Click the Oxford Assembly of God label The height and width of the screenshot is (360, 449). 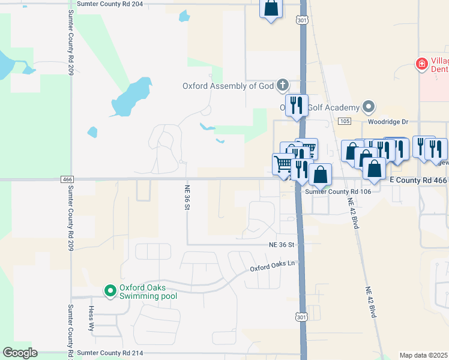click(x=228, y=86)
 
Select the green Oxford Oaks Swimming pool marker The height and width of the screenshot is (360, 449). click(x=110, y=291)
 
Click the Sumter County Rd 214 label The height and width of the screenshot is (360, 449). click(x=110, y=353)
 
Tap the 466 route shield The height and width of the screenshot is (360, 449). click(x=67, y=179)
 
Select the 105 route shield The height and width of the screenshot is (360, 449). click(x=344, y=121)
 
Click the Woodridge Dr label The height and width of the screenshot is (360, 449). click(x=388, y=122)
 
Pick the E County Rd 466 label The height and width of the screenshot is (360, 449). click(x=418, y=180)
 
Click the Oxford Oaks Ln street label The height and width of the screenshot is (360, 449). click(x=273, y=263)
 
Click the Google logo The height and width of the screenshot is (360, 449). click(x=20, y=353)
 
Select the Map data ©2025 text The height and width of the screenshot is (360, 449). click(x=423, y=355)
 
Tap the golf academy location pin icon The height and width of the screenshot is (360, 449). click(x=369, y=108)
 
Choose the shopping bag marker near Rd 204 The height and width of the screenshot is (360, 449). click(x=271, y=8)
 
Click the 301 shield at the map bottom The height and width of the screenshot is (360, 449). click(x=301, y=316)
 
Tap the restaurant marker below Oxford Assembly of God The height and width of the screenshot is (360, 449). click(x=295, y=106)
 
